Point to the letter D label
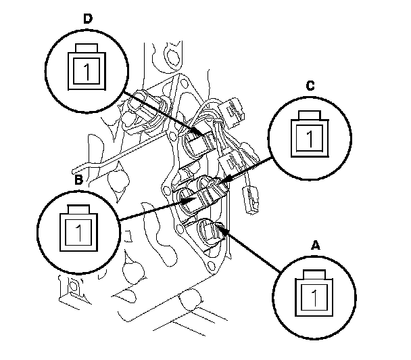87,18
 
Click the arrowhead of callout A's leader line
220,229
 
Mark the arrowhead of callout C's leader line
224,181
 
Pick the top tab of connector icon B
80,207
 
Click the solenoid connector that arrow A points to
212,232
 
